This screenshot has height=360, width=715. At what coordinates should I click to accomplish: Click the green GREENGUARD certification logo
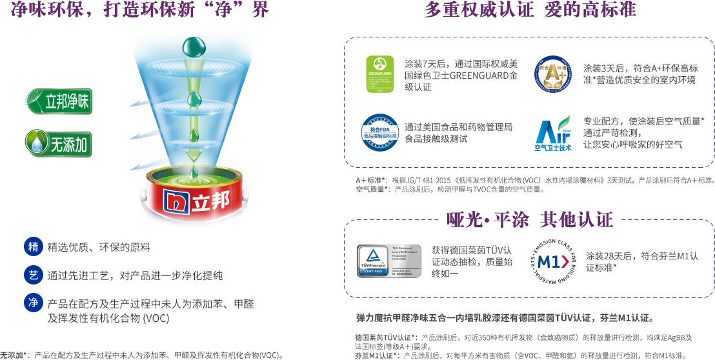click(380, 74)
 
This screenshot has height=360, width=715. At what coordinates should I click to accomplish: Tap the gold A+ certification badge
click(552, 74)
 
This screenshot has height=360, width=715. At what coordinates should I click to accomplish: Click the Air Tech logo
click(552, 133)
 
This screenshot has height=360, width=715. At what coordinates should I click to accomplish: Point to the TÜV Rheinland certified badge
click(389, 260)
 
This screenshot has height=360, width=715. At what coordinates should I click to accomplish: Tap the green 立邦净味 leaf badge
click(57, 102)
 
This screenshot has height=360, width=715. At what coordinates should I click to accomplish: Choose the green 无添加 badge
click(58, 143)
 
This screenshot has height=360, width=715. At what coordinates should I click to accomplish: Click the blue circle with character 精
click(33, 246)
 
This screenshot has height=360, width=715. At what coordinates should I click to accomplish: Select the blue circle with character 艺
click(33, 275)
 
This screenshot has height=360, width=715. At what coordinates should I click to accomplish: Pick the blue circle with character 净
click(33, 303)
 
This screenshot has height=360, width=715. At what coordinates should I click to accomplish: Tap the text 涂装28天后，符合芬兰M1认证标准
click(641, 261)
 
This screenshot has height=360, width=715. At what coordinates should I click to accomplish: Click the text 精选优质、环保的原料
click(99, 247)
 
